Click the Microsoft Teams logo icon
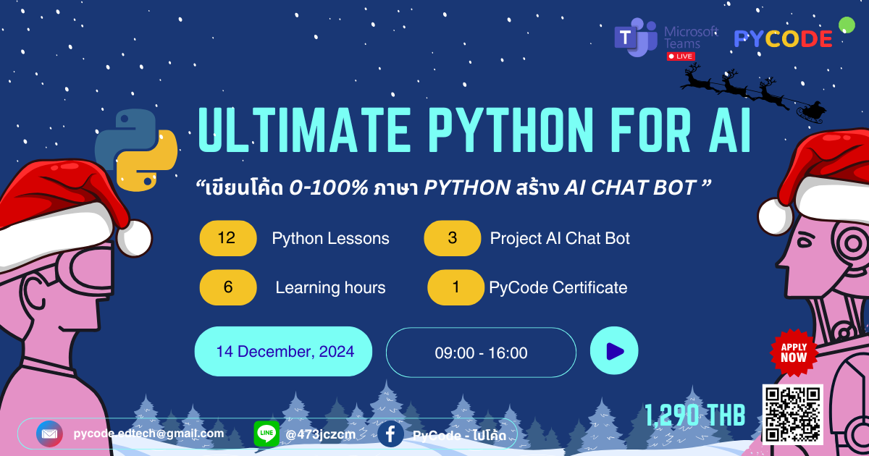tap(635, 38)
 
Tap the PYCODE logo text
tap(783, 39)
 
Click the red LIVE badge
tap(681, 56)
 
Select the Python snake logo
tap(136, 151)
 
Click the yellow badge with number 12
tap(227, 238)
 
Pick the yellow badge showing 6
tap(228, 287)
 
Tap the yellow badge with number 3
tap(453, 238)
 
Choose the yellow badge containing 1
tap(456, 287)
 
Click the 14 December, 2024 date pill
tap(284, 352)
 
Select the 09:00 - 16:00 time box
tap(481, 353)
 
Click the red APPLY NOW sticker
tap(793, 352)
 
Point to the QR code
tap(792, 415)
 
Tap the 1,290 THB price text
tap(695, 415)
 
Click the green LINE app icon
tap(266, 434)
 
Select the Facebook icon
tap(390, 434)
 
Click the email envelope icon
tap(49, 434)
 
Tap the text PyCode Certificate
tap(558, 287)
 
